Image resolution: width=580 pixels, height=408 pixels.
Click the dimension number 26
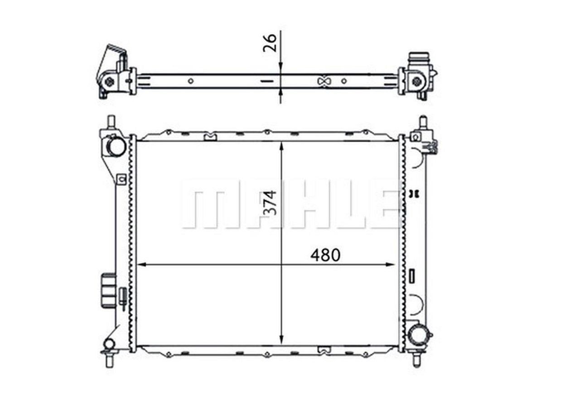click(x=270, y=43)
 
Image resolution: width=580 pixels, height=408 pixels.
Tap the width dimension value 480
click(x=325, y=255)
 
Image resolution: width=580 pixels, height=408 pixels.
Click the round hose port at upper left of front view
click(x=117, y=146)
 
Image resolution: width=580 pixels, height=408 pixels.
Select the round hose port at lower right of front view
click(x=417, y=336)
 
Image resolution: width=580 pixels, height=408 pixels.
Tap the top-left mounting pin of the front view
click(x=111, y=122)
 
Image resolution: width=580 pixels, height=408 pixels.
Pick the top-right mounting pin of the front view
click(x=422, y=122)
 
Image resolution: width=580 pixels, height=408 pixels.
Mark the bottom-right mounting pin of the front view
click(x=417, y=360)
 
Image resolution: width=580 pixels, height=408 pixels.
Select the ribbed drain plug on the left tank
click(x=108, y=290)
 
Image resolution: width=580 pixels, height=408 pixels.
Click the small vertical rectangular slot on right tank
click(x=412, y=276)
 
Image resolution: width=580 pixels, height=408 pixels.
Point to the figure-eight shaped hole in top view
click(x=324, y=81)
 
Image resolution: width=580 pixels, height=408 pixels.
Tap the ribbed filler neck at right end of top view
click(x=420, y=59)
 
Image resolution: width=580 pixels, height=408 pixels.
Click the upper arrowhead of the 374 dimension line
click(x=281, y=146)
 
